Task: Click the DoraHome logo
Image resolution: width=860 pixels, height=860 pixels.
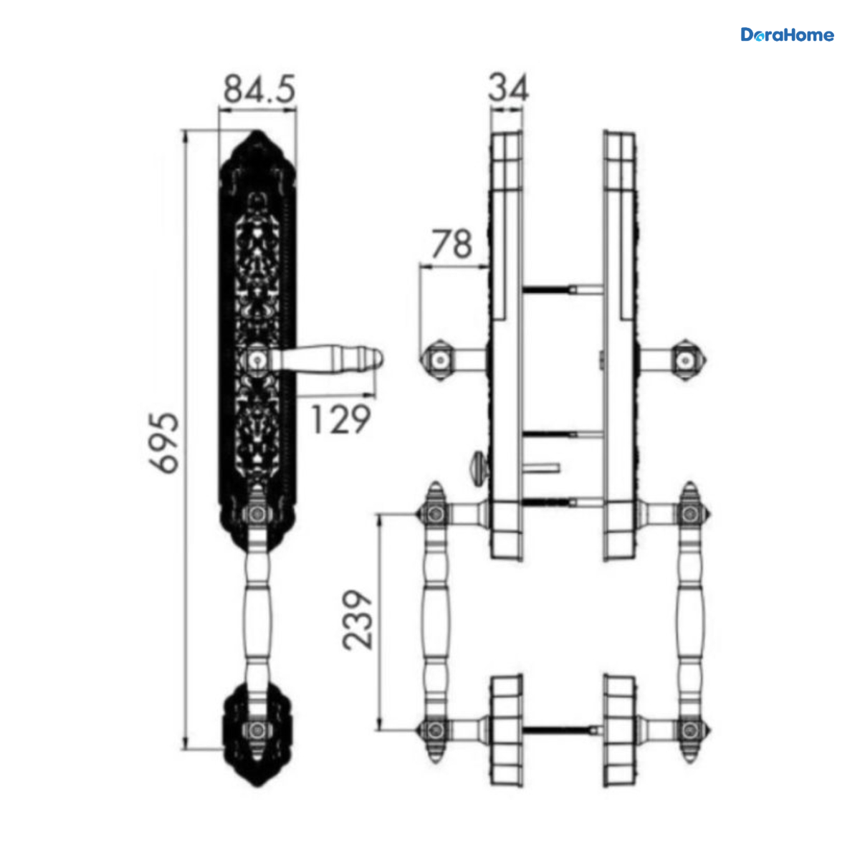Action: click(787, 35)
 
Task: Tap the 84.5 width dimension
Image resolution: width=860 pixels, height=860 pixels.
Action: click(259, 89)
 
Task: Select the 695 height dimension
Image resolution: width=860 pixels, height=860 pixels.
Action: click(164, 442)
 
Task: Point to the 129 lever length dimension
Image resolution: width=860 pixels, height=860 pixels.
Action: click(341, 419)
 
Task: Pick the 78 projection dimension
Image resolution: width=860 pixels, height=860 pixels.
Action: click(452, 244)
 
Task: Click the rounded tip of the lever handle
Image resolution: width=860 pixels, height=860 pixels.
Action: click(377, 359)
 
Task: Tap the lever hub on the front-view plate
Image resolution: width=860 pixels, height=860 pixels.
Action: click(257, 358)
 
